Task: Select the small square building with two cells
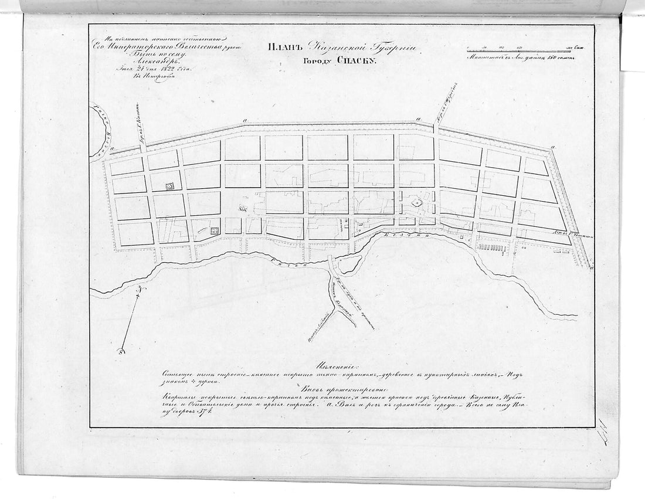[215, 230]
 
